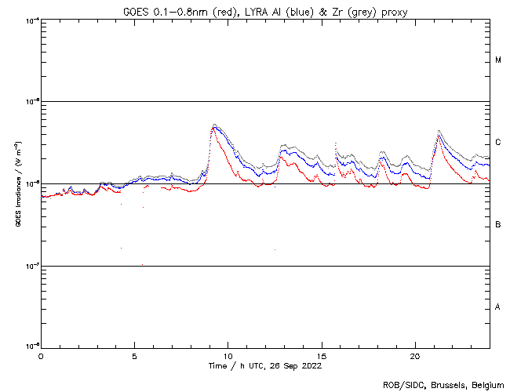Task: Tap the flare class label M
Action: [498, 60]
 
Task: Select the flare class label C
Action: [498, 143]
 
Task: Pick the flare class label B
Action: [498, 225]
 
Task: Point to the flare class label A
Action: [498, 307]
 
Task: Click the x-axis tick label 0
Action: [41, 356]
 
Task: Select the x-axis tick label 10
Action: [228, 356]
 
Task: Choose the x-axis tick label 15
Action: [321, 356]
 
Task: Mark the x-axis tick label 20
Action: [414, 356]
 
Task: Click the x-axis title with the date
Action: [264, 366]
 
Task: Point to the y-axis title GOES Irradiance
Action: [17, 184]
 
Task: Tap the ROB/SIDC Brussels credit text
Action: [443, 385]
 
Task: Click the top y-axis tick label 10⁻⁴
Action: [31, 20]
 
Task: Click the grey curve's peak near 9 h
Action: [214, 124]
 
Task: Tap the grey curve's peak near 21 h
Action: [439, 130]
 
